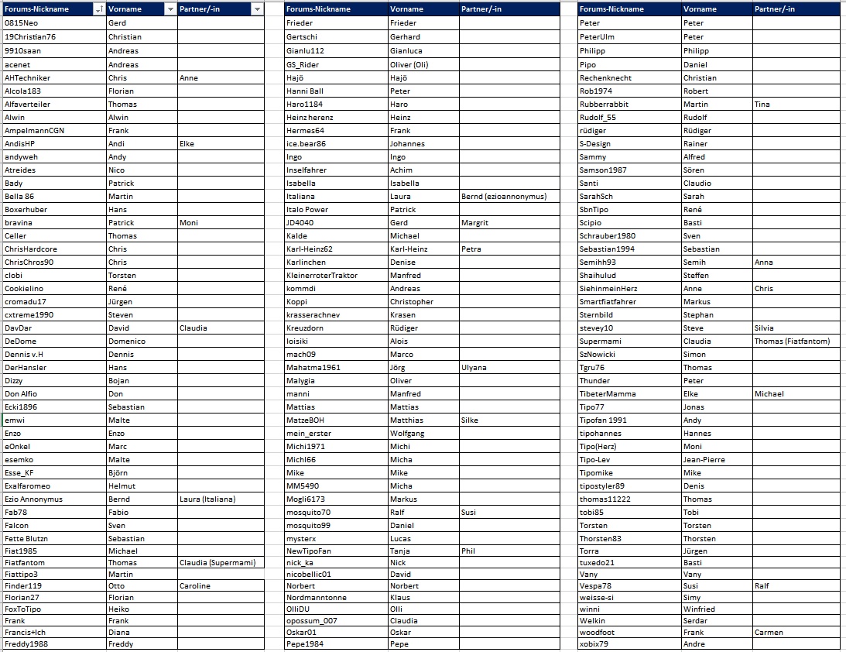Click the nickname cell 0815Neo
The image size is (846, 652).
[x=21, y=23]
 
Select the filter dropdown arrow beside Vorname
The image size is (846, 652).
[x=170, y=9]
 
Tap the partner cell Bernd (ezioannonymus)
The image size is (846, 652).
[x=503, y=197]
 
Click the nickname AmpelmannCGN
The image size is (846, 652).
[x=34, y=131]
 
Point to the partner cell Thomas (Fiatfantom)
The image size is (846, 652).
[x=792, y=341]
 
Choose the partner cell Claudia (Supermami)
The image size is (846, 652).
[x=217, y=563]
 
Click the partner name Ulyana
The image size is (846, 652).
[x=474, y=368]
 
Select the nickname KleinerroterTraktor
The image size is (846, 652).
[x=322, y=276]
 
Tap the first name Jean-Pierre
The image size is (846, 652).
[x=704, y=460]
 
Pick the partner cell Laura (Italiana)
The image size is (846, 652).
[x=207, y=499]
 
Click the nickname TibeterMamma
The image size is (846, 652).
[x=608, y=394]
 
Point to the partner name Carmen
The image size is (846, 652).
[x=768, y=633]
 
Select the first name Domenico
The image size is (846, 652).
[x=126, y=341]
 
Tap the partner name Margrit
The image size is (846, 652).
[x=474, y=223]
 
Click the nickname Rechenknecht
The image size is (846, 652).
[x=605, y=78]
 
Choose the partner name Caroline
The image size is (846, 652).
[x=194, y=586]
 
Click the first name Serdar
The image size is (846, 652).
[x=696, y=621]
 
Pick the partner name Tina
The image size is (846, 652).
[x=762, y=105]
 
